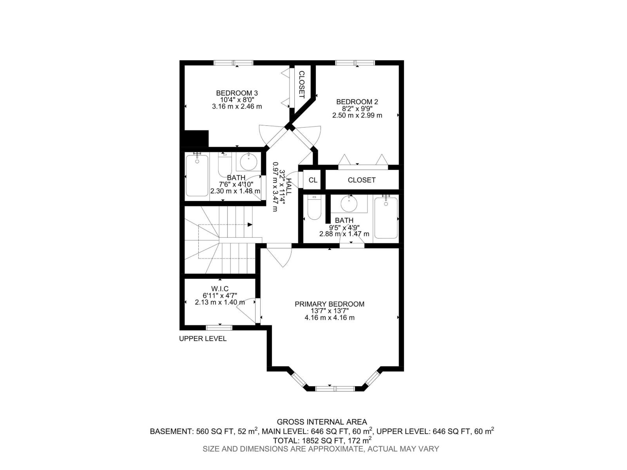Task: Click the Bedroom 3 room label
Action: [237, 93]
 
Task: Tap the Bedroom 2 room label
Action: [357, 102]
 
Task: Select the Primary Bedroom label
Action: [330, 304]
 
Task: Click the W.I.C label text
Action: [219, 289]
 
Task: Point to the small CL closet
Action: [313, 180]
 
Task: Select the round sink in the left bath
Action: [248, 161]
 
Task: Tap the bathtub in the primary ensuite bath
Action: [386, 218]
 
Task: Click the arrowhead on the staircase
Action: [250, 224]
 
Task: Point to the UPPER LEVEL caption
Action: [203, 339]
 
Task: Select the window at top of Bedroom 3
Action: [234, 63]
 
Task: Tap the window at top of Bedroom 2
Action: [355, 63]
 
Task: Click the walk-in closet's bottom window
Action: [219, 327]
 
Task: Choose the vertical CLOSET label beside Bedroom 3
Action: [302, 84]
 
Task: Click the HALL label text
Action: [288, 187]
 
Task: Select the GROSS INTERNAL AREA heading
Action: [322, 422]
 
